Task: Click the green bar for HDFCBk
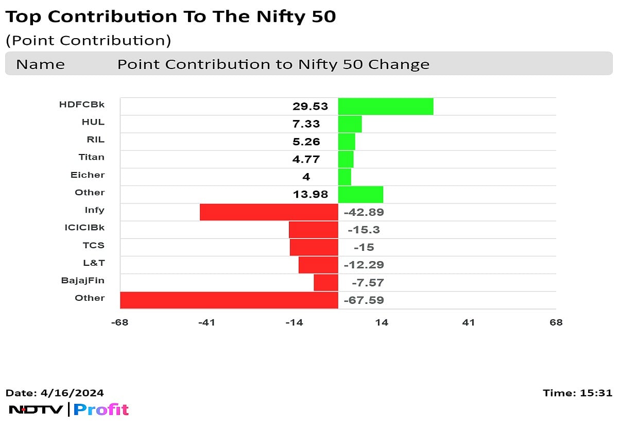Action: [385, 107]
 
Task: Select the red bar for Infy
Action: [269, 212]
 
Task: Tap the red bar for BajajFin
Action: [325, 283]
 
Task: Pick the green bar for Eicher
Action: [345, 177]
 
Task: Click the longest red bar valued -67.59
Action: [229, 300]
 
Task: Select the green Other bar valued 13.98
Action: [360, 195]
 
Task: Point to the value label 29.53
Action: [310, 107]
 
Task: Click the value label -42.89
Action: [364, 212]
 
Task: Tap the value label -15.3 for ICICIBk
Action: [364, 230]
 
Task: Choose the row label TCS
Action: [93, 245]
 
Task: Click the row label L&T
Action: [94, 263]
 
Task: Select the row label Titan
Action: [91, 157]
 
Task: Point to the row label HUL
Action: [93, 122]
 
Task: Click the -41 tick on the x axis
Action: [207, 323]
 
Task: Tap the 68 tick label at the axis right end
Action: [556, 323]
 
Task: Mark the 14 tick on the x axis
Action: [381, 323]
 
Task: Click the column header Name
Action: [40, 65]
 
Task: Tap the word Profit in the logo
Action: [101, 410]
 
